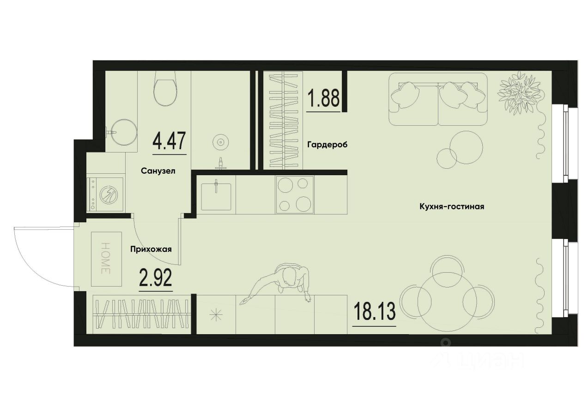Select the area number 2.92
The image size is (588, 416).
156,278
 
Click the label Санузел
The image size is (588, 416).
158,171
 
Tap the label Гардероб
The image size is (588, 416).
327,145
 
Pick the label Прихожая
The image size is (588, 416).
151,250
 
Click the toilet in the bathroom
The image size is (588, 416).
165,90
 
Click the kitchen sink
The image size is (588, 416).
216,196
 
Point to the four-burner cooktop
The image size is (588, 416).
295,195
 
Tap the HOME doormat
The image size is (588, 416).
106,259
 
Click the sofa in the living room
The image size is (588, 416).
437,99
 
